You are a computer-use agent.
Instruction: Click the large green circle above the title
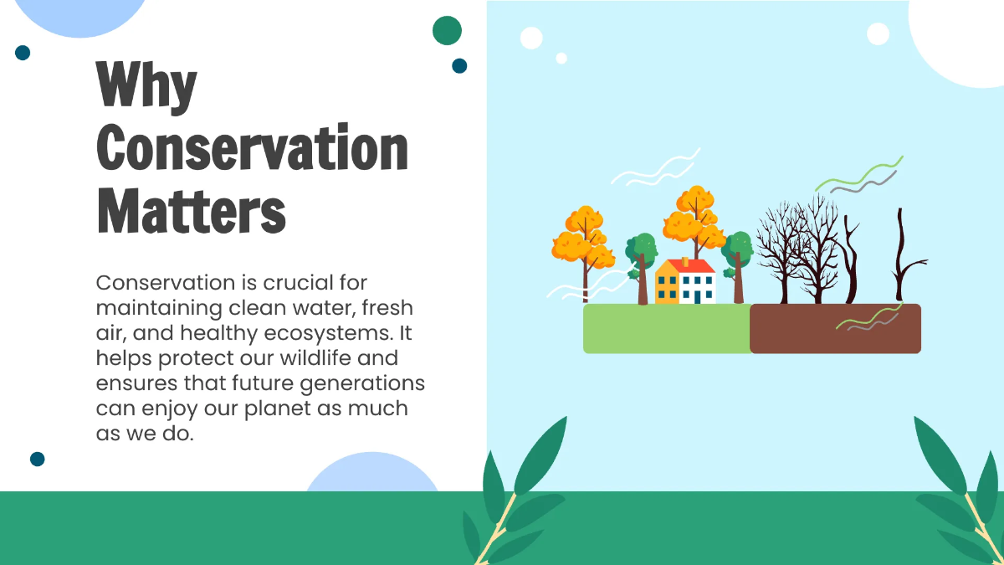(x=447, y=30)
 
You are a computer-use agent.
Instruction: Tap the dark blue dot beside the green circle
(x=459, y=65)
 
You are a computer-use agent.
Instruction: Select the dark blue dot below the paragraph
(x=37, y=459)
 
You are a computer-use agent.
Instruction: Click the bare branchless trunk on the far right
(x=901, y=251)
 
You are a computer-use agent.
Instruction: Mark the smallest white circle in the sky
(x=561, y=58)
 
